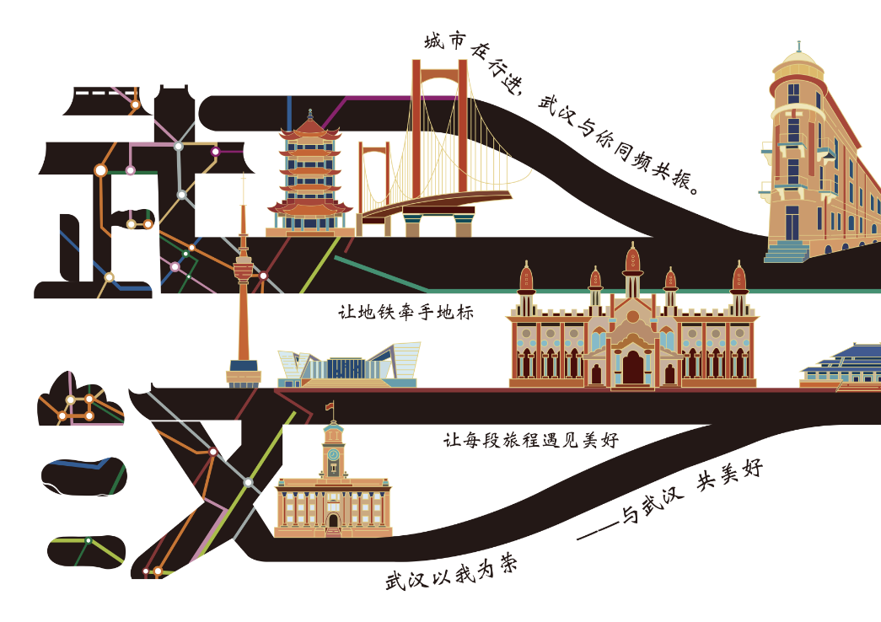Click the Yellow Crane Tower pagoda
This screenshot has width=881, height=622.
pos(309,177)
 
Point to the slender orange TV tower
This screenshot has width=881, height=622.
pos(243,295)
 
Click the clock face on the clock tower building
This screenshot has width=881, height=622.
pos(333,454)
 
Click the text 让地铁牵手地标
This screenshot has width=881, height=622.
pos(406,313)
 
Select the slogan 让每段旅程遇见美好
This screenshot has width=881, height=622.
pos(531,440)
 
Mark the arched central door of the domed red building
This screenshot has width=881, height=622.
pos(632,367)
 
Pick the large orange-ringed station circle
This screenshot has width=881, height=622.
pos(100,171)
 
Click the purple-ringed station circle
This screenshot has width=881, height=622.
pos(215,152)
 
